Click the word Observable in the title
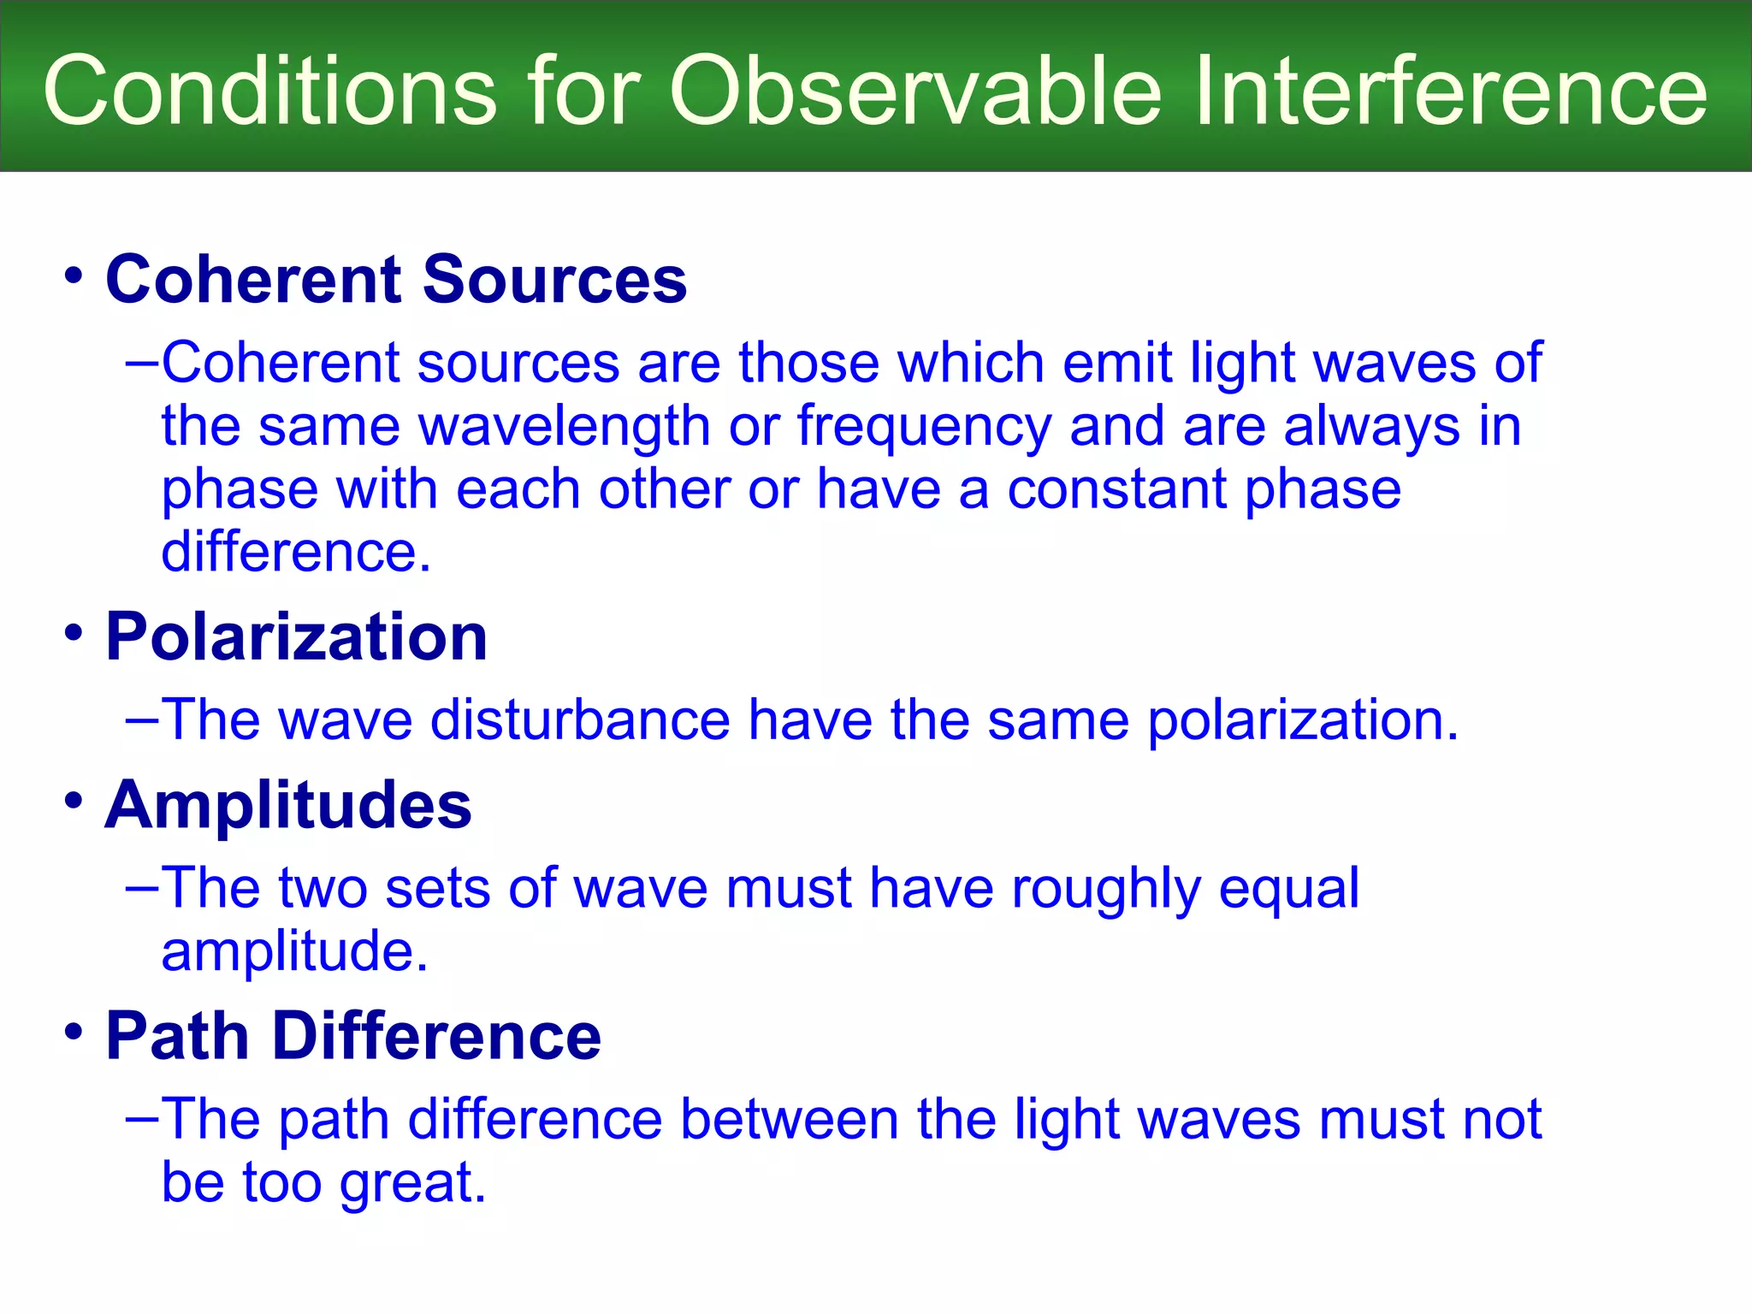(x=915, y=91)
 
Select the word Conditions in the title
(x=269, y=91)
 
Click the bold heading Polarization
(x=296, y=637)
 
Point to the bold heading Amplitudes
(x=288, y=806)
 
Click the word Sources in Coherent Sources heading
(x=554, y=280)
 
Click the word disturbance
(x=580, y=719)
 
